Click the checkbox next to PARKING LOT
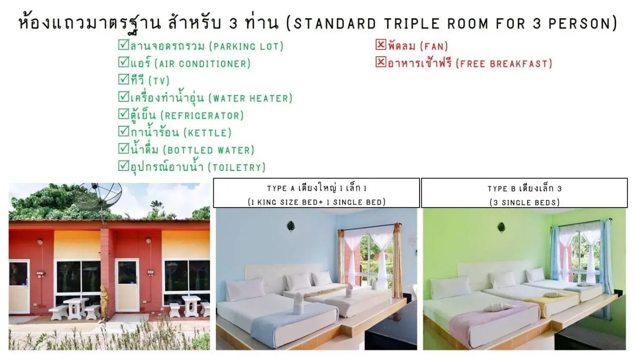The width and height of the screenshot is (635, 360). pyautogui.click(x=123, y=44)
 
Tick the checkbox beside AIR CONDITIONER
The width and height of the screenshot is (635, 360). pyautogui.click(x=123, y=62)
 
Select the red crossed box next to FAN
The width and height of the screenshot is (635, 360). pyautogui.click(x=381, y=44)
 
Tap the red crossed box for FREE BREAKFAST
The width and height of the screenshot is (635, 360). pyautogui.click(x=381, y=62)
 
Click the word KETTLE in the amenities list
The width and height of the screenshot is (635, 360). pyautogui.click(x=207, y=133)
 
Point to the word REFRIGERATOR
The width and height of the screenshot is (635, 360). pyautogui.click(x=202, y=116)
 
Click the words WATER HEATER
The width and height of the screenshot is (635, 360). pyautogui.click(x=250, y=98)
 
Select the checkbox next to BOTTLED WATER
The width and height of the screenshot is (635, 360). pyautogui.click(x=123, y=148)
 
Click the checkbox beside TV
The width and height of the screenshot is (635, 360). pyautogui.click(x=123, y=79)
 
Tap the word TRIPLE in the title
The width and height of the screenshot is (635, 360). pyautogui.click(x=412, y=23)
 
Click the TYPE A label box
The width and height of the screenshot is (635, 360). pyautogui.click(x=316, y=193)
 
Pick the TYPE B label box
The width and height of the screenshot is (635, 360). pyautogui.click(x=524, y=193)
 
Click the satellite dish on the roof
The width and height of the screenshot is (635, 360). pyautogui.click(x=98, y=197)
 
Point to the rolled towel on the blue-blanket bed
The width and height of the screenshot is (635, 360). pyautogui.click(x=298, y=306)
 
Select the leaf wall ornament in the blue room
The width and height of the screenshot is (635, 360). pyautogui.click(x=291, y=226)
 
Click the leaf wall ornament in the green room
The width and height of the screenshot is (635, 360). pyautogui.click(x=501, y=227)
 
